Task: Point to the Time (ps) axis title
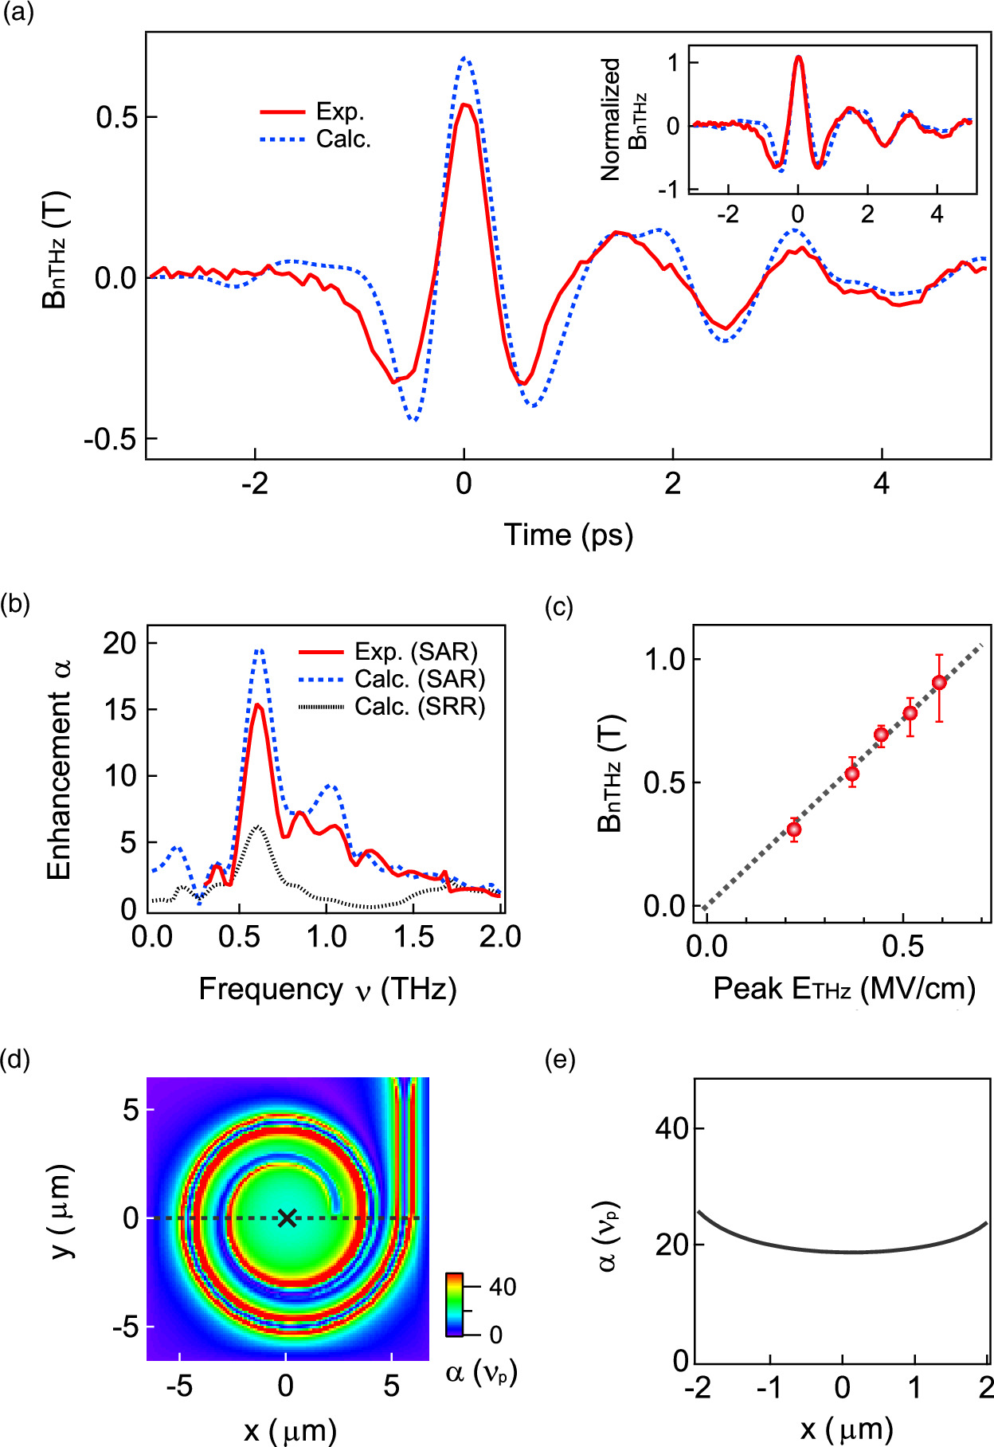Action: (x=568, y=535)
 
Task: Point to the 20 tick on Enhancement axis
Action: (x=119, y=643)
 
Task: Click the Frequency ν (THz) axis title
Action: (x=327, y=989)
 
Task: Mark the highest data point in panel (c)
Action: (x=939, y=682)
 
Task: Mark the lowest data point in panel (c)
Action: (x=793, y=829)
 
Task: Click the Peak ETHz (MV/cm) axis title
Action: (x=844, y=989)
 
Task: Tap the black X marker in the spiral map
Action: (x=287, y=1218)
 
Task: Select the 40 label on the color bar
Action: (x=502, y=1287)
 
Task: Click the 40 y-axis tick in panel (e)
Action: (x=671, y=1128)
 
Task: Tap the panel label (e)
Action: (x=559, y=1061)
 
